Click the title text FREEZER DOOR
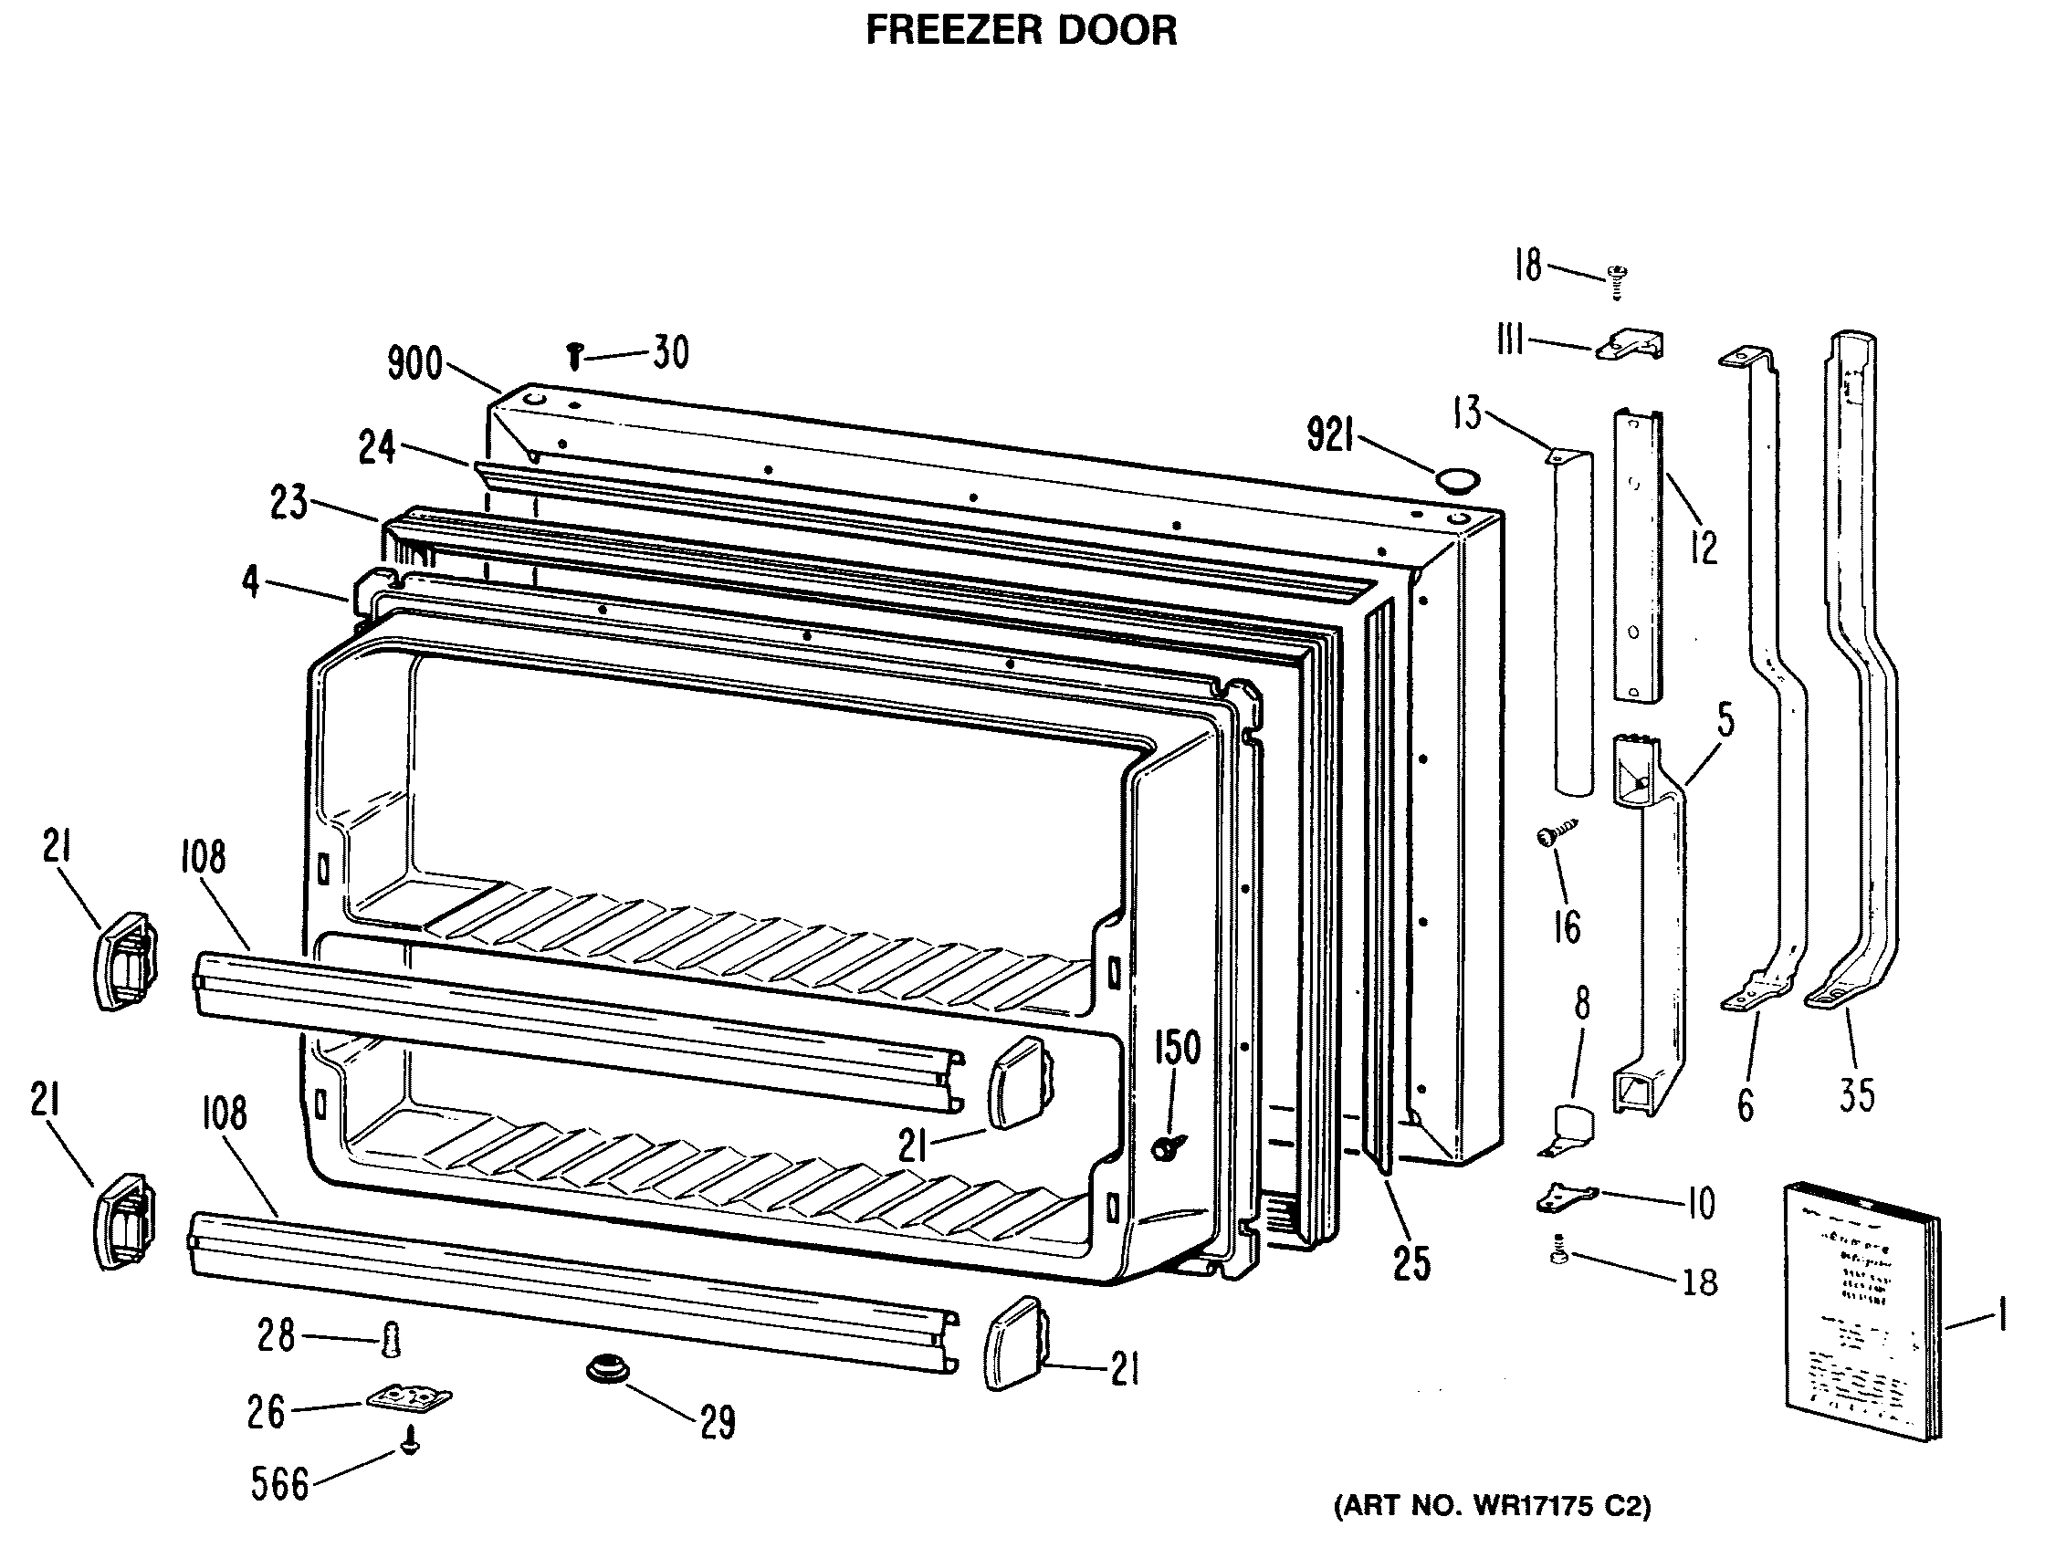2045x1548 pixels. [x=1021, y=30]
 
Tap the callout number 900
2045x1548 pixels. [x=415, y=363]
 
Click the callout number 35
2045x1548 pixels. [x=1856, y=1095]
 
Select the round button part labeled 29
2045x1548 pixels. [x=607, y=1369]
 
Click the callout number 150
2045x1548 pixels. [x=1176, y=1048]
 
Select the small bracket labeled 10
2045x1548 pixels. [x=1565, y=1198]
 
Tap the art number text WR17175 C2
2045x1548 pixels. [x=1490, y=1506]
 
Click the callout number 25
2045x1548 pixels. [x=1411, y=1264]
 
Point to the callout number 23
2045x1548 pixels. [x=289, y=504]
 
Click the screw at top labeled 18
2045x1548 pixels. [x=1618, y=281]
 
